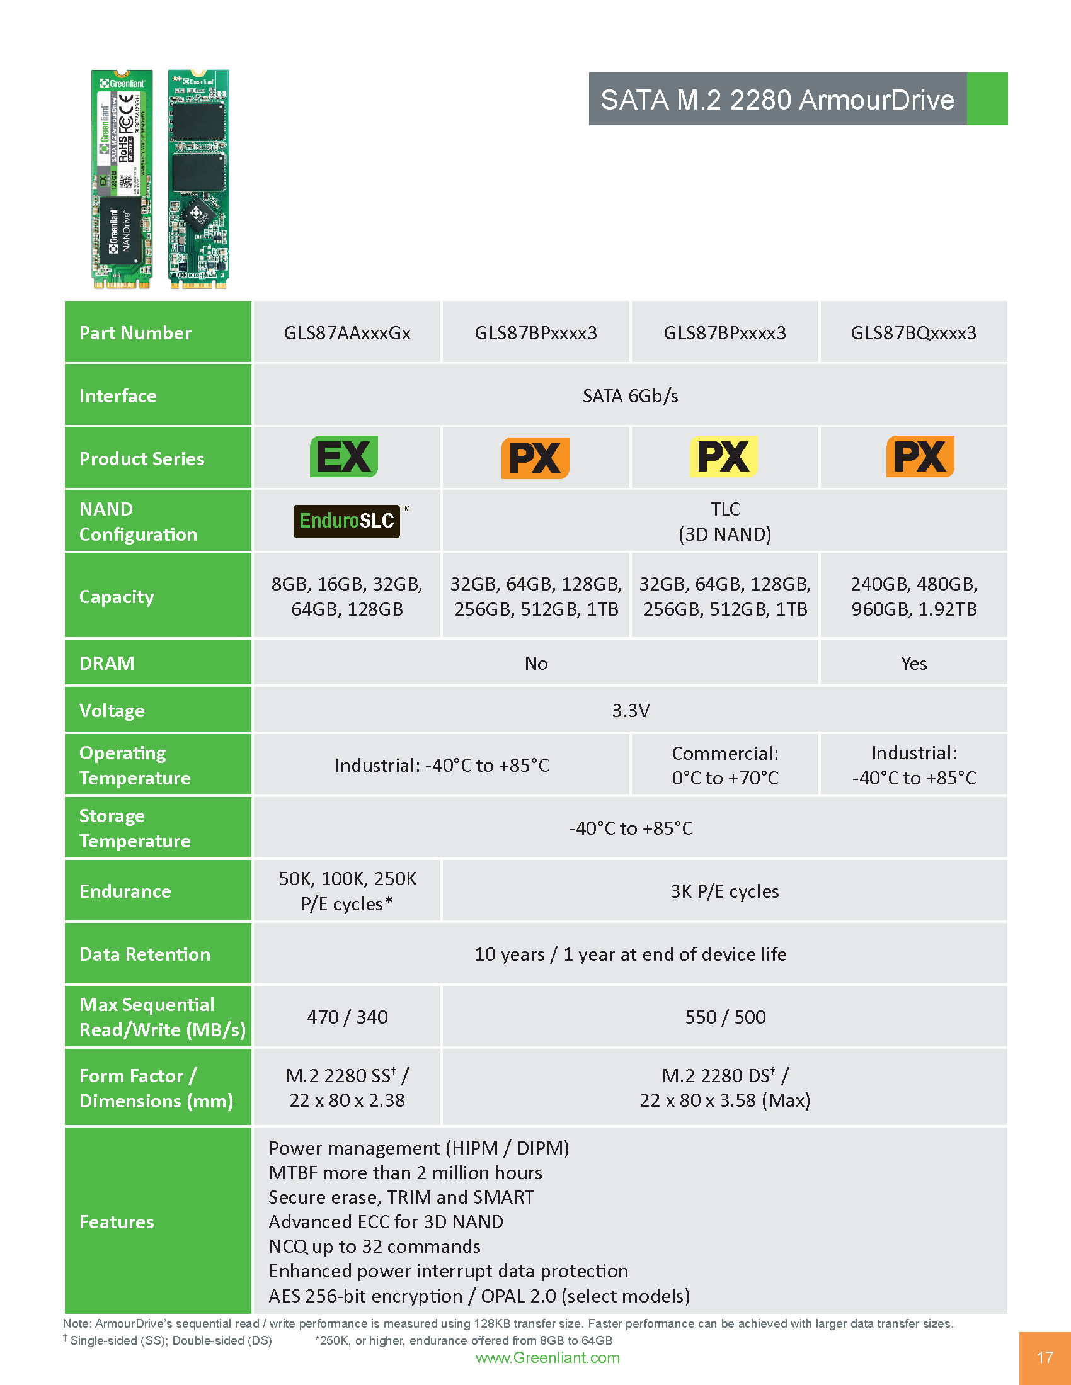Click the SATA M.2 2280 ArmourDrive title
777,99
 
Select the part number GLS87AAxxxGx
347,333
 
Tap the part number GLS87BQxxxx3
913,333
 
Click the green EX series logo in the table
344,456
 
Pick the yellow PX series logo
723,456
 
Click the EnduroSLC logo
346,521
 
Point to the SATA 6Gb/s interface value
630,396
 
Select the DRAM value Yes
913,664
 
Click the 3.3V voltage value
630,710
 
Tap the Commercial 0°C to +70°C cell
724,766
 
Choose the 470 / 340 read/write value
347,1017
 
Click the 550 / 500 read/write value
724,1017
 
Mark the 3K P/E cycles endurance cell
724,891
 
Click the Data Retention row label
145,954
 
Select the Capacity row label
117,597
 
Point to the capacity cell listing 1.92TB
913,597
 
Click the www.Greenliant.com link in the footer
547,1357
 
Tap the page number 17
1045,1357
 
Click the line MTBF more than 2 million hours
406,1173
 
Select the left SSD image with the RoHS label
122,179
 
